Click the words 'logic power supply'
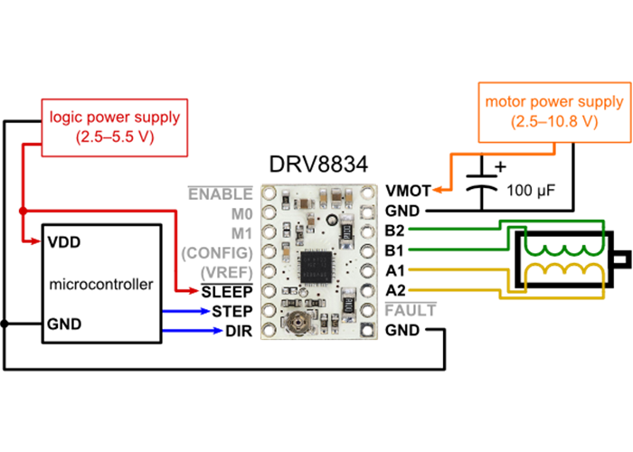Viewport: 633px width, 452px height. (x=115, y=117)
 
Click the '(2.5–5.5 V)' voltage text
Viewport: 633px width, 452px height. (x=115, y=137)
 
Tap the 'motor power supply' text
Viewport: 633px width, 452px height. (x=553, y=101)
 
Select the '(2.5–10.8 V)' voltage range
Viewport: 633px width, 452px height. (x=553, y=121)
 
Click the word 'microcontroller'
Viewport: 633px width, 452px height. (x=101, y=284)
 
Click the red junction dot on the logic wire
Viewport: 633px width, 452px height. (x=22, y=211)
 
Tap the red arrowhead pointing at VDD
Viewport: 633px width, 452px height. (x=34, y=241)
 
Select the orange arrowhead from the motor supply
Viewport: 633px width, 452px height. (x=437, y=189)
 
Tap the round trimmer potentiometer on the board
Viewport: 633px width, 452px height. (x=298, y=318)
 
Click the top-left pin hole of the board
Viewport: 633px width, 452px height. (x=269, y=193)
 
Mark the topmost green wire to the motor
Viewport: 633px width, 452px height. (x=452, y=228)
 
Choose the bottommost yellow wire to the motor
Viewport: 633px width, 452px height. (x=452, y=290)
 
